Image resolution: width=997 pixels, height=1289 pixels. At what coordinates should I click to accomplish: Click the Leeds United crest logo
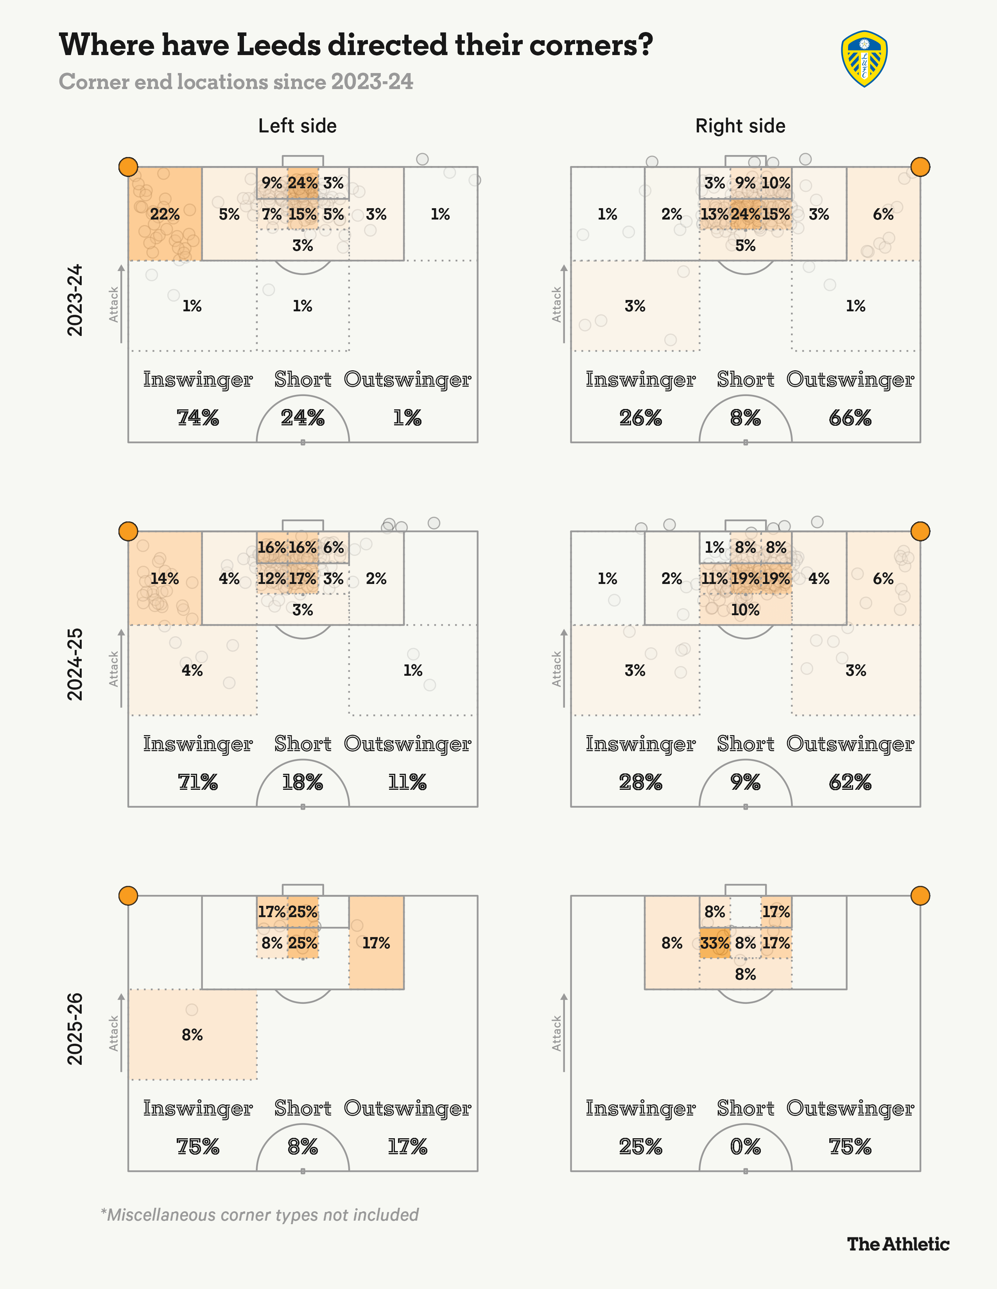click(x=864, y=59)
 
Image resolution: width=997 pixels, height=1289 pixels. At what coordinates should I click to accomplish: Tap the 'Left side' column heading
click(x=297, y=126)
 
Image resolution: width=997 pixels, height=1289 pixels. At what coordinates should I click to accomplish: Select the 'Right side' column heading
click(x=740, y=126)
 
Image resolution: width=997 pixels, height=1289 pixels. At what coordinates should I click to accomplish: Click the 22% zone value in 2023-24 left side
click(x=165, y=214)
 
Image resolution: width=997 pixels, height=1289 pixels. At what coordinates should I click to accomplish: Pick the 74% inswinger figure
click(x=198, y=418)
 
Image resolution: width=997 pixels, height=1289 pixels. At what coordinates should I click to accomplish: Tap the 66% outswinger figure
click(x=850, y=418)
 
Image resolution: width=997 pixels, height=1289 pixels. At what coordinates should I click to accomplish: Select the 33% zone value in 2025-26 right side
click(x=715, y=943)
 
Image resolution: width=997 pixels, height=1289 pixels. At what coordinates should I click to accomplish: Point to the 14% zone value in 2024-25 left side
click(x=165, y=578)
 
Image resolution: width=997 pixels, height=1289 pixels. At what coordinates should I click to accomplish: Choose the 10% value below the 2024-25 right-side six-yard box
click(x=745, y=610)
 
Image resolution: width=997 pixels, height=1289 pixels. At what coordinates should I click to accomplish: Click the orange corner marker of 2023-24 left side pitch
click(x=128, y=167)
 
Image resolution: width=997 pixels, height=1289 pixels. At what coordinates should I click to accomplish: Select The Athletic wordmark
click(x=898, y=1244)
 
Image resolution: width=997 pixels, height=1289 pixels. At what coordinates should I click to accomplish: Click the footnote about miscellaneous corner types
click(x=260, y=1215)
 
